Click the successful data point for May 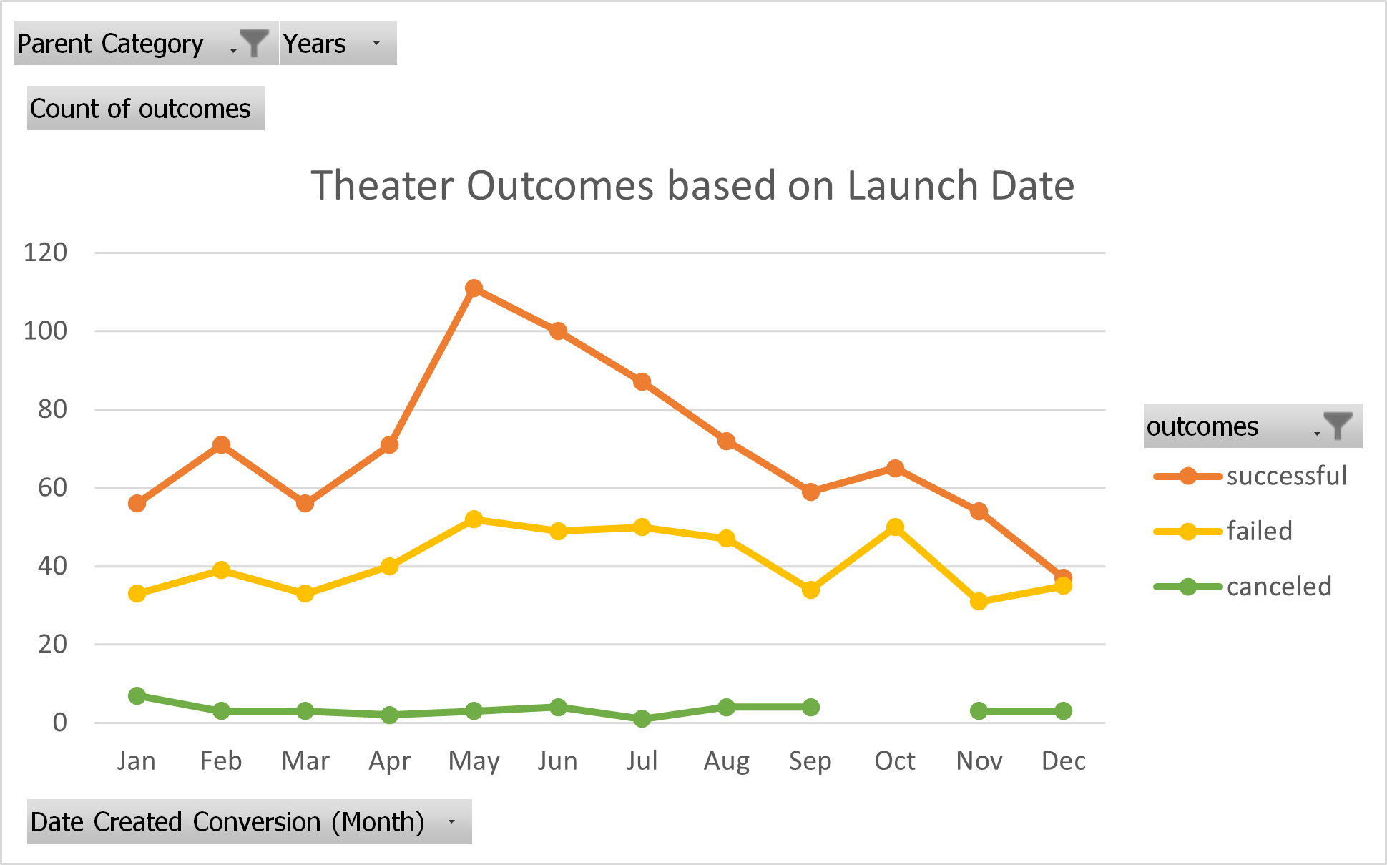(474, 288)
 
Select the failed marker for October (895, 527)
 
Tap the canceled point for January (137, 695)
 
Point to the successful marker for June (558, 331)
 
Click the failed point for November (979, 602)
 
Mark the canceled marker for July (642, 718)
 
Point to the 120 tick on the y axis (45, 253)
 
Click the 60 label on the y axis (52, 488)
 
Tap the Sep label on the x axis (810, 761)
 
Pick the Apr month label (389, 761)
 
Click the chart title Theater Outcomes (692, 185)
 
